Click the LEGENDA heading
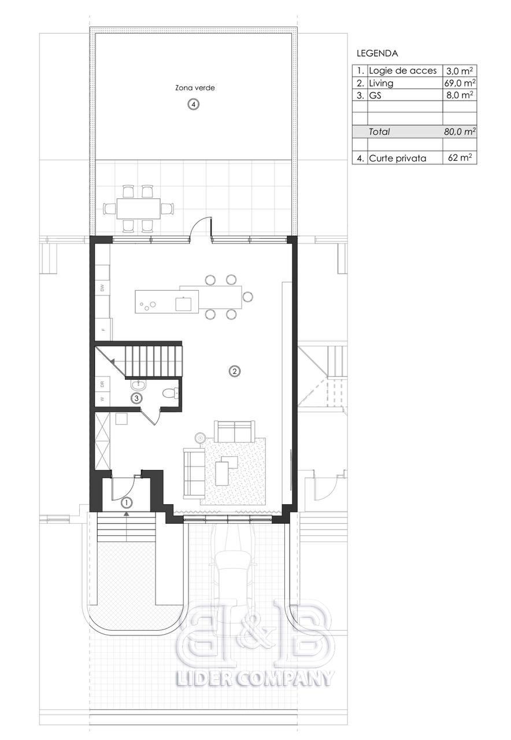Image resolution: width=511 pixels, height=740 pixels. point(377,53)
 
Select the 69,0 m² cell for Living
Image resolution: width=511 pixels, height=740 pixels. point(460,83)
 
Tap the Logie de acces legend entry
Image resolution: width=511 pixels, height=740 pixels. point(403,71)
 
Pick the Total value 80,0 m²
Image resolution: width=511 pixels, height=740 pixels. point(460,132)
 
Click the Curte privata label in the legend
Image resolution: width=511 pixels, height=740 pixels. point(397,158)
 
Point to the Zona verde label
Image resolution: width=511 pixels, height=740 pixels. point(195,88)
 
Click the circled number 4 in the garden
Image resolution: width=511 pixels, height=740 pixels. point(194,105)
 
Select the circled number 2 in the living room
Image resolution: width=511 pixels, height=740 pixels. point(235,371)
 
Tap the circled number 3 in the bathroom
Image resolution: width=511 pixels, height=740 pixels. point(136,398)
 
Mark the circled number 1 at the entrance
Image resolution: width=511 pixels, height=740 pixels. point(127,503)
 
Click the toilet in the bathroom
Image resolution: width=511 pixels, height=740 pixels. point(171,393)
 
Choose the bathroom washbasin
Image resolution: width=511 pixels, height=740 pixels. point(139,384)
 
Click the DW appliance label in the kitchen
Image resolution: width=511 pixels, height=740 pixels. point(102,288)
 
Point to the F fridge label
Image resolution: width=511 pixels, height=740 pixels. point(103,329)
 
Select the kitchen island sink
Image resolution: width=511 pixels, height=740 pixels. point(183,304)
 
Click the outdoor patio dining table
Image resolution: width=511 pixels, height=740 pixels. point(138,209)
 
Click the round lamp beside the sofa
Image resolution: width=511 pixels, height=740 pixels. point(199,438)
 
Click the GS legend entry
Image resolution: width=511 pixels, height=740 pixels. point(375,95)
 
